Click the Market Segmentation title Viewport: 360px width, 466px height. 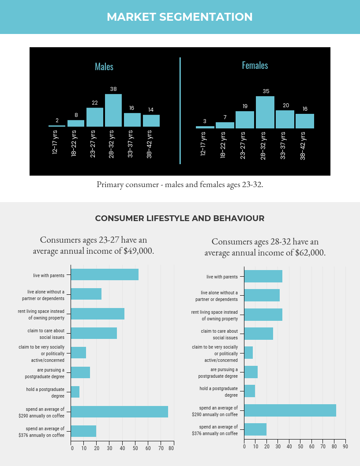tap(180, 17)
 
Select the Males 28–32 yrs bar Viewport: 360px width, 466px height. tap(113, 110)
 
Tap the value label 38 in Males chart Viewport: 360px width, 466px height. tap(113, 89)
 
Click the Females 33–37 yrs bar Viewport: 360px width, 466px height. tap(285, 119)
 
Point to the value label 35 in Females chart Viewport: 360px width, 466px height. tap(266, 91)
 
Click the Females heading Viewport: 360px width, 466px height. tap(255, 65)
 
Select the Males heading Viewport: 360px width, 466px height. tap(104, 67)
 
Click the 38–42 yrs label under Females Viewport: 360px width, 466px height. tap(303, 145)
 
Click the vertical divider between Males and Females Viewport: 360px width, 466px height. tap(180, 110)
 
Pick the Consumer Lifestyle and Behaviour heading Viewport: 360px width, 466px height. tap(180, 218)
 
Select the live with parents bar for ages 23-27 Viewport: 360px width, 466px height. tap(105, 274)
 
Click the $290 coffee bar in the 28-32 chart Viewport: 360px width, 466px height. tap(290, 410)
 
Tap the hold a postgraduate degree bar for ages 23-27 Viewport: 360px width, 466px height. tap(75, 392)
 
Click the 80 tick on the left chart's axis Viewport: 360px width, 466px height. tap(171, 448)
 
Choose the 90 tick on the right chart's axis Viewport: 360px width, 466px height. tap(345, 446)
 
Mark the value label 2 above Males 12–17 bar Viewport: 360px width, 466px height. tap(57, 120)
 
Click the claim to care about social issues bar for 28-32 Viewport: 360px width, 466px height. tap(259, 334)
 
